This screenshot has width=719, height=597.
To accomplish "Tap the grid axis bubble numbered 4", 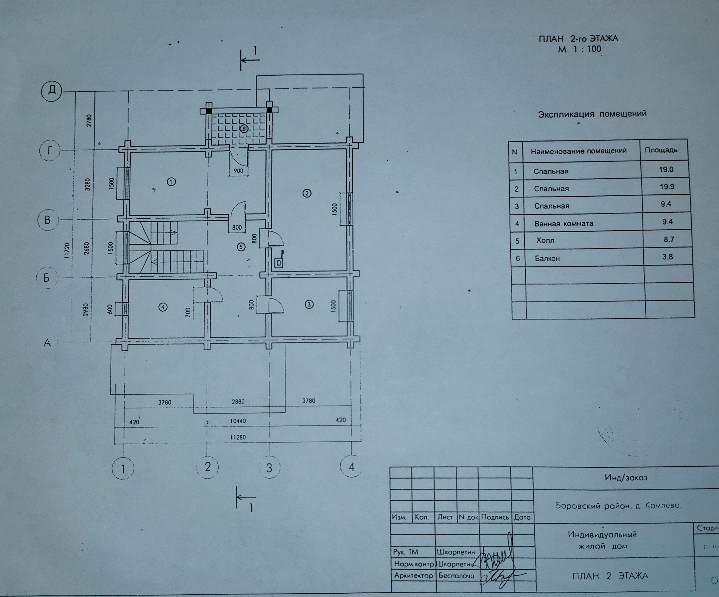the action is pos(351,466).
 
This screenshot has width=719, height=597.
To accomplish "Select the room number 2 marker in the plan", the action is pos(307,193).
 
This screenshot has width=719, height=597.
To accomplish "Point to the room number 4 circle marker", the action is pos(163,307).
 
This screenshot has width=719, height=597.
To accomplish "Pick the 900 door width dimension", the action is pos(238,171).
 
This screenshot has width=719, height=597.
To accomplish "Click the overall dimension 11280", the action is pos(238,437).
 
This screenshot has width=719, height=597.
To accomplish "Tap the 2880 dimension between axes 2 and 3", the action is pos(238,401).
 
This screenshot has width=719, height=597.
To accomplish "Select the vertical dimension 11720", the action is pos(67,251).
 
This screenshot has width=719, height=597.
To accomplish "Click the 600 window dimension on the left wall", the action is pos(110,309).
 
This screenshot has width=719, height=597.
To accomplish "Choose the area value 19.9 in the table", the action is pos(667,187).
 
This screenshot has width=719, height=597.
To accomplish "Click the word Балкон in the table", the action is pos(547,258).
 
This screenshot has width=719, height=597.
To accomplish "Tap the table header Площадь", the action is pos(661,150).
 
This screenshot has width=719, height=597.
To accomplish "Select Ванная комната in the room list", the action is pos(564,224).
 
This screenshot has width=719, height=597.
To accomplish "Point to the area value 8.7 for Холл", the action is pos(669,239).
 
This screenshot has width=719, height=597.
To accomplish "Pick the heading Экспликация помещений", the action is pos(592,114).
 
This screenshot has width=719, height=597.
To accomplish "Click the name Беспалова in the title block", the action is pos(456,576).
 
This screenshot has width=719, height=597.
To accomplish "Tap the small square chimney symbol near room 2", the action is pos(279,263).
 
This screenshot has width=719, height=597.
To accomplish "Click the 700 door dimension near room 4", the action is pos(188,312).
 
